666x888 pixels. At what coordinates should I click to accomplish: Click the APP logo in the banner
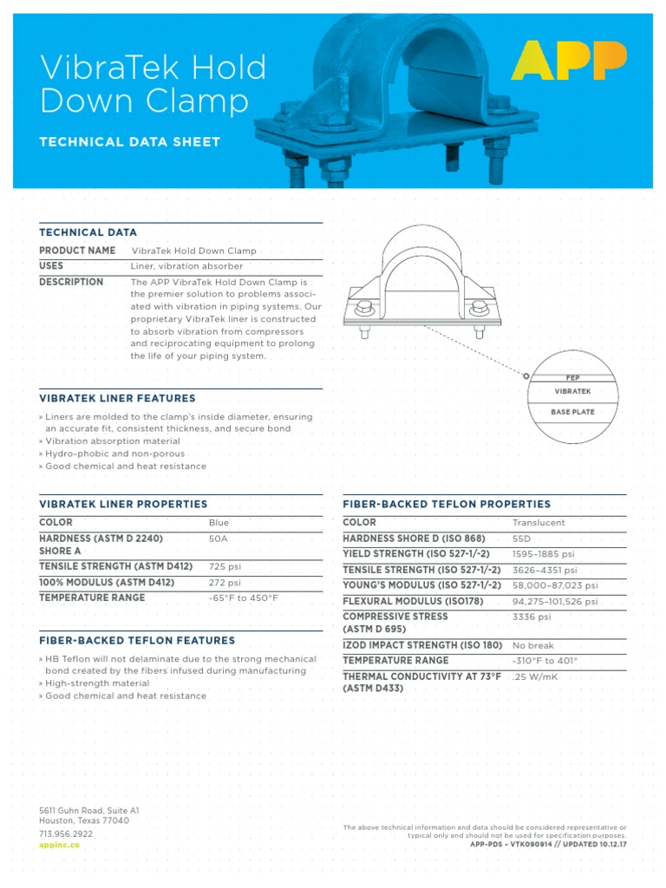click(x=569, y=60)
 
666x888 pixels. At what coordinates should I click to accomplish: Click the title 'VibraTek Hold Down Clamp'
click(x=153, y=84)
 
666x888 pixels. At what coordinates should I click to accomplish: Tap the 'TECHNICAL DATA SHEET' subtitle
click(x=130, y=142)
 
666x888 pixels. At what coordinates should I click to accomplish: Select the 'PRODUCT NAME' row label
click(x=77, y=251)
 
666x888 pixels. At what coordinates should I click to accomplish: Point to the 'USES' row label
click(x=51, y=266)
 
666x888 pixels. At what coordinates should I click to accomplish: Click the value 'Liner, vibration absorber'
click(x=186, y=266)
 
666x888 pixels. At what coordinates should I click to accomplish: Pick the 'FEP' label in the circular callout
click(x=572, y=378)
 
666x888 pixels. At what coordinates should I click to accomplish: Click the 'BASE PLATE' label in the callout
click(x=572, y=412)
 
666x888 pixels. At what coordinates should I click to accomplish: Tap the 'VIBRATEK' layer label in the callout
click(x=572, y=392)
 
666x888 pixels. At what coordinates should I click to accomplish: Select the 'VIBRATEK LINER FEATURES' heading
click(x=117, y=399)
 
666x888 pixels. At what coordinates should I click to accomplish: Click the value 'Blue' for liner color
click(x=219, y=523)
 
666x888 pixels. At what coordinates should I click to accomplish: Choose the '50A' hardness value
click(x=219, y=539)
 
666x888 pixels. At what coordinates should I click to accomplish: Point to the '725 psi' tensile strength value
click(x=225, y=566)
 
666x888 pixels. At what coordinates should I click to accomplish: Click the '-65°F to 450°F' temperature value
click(x=244, y=598)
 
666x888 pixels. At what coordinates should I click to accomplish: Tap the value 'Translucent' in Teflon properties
click(x=539, y=523)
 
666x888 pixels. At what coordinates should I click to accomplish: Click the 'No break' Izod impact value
click(x=532, y=645)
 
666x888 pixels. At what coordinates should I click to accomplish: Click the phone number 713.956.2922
click(x=66, y=833)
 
